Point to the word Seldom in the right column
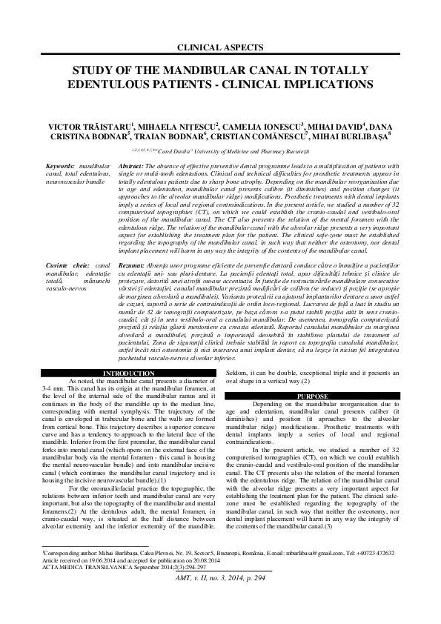234,373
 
